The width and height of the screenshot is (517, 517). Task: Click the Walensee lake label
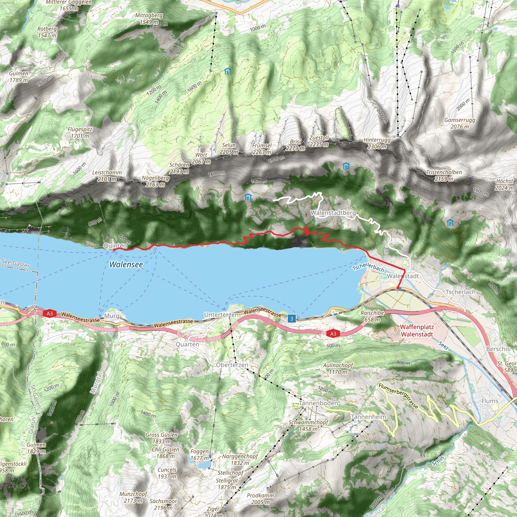pos(126,264)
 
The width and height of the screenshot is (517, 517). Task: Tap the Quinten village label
pos(115,245)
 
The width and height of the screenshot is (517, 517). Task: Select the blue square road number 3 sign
pos(292,318)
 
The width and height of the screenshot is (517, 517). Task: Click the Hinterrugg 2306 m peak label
pos(377,143)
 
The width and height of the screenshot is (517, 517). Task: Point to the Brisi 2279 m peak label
pos(295,145)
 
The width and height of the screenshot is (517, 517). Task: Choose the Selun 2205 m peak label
pos(229,148)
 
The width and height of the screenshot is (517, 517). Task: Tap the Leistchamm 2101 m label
pos(107,176)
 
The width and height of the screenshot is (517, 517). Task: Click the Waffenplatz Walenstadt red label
pos(417,330)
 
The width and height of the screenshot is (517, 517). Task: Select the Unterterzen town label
pos(221,315)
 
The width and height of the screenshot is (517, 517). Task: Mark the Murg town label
pos(112,316)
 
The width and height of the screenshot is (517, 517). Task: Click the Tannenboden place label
pos(318,403)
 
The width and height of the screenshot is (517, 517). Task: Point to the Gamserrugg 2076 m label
pos(459,123)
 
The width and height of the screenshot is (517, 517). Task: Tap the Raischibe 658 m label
pos(372,316)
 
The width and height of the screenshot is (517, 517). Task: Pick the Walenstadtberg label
pos(333,213)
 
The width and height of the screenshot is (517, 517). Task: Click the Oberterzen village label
pos(232,365)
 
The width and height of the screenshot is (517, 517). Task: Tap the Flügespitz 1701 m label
pos(80,133)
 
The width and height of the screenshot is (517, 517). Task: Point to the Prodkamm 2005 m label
pos(260,499)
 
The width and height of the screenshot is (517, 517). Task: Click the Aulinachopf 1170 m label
pos(338,369)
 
